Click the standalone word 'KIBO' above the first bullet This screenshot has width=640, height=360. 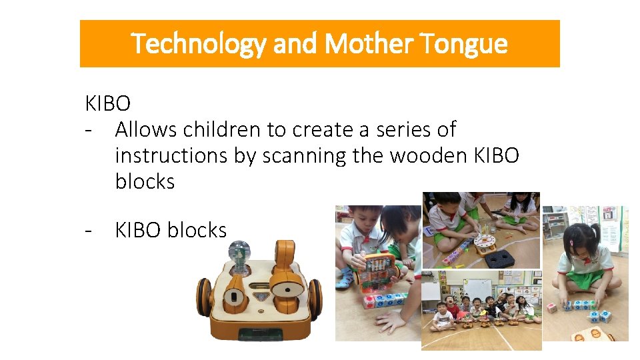point(108,103)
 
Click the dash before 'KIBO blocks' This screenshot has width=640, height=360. point(88,231)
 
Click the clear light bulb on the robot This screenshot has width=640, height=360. point(238,253)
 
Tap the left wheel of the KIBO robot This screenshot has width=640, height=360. point(203,298)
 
